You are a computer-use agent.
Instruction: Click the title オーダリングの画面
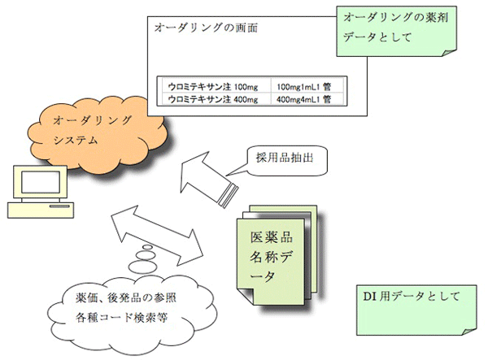pyautogui.click(x=206, y=28)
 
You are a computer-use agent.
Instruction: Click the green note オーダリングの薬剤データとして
pyautogui.click(x=397, y=31)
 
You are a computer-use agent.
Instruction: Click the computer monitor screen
pyautogui.click(x=41, y=181)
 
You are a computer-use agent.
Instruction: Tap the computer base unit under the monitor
pyautogui.click(x=41, y=210)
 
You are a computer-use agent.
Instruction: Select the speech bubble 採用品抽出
pyautogui.click(x=280, y=161)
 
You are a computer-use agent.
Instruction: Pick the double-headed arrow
pyautogui.click(x=157, y=236)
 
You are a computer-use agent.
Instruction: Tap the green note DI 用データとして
pyautogui.click(x=416, y=310)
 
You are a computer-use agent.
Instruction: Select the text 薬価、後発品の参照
pyautogui.click(x=126, y=297)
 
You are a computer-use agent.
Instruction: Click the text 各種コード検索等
pyautogui.click(x=122, y=318)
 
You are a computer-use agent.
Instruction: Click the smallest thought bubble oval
pyautogui.click(x=147, y=247)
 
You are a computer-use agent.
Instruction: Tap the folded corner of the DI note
pyautogui.click(x=469, y=332)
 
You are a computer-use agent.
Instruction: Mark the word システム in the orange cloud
pyautogui.click(x=76, y=141)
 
